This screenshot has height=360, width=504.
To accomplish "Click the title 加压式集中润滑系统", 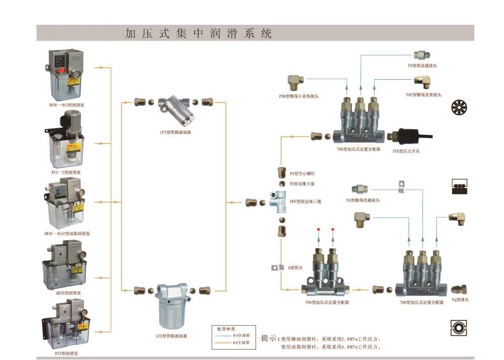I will (198, 33).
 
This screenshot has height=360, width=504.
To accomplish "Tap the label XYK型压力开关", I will (406, 151).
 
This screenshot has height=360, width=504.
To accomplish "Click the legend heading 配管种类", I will (226, 329).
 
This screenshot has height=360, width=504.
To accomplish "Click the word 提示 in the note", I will (269, 338).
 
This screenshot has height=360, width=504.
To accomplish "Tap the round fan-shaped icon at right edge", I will (459, 108).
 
